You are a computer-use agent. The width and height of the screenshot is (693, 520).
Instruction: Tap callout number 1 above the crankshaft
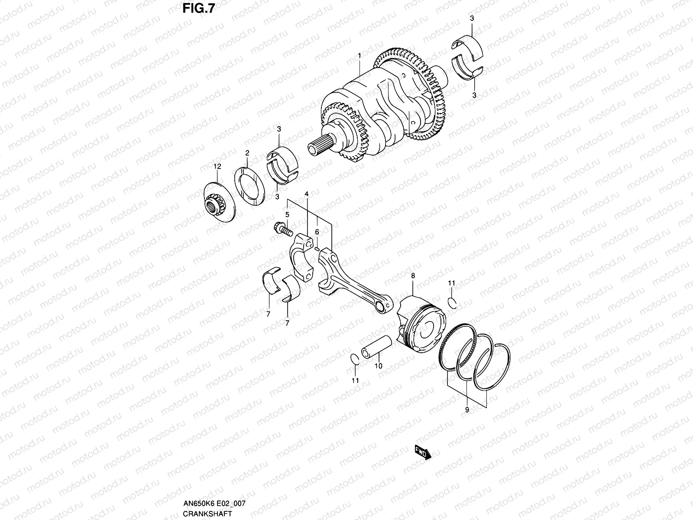[x=359, y=55]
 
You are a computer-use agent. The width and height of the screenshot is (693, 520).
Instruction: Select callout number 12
[x=217, y=166]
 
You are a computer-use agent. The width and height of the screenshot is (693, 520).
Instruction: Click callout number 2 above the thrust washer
[x=247, y=153]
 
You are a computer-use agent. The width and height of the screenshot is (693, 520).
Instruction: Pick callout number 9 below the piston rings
[x=467, y=409]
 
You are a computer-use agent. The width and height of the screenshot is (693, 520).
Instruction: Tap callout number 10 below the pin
[x=378, y=366]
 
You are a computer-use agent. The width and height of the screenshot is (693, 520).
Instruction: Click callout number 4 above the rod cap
[x=306, y=193]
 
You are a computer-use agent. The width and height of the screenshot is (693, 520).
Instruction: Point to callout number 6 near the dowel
[x=317, y=233]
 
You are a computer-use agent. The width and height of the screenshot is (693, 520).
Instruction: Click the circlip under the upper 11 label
[x=452, y=302]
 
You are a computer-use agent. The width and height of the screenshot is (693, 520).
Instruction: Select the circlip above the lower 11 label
[x=354, y=360]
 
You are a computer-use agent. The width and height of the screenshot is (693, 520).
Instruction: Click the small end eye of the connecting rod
[x=382, y=307]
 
